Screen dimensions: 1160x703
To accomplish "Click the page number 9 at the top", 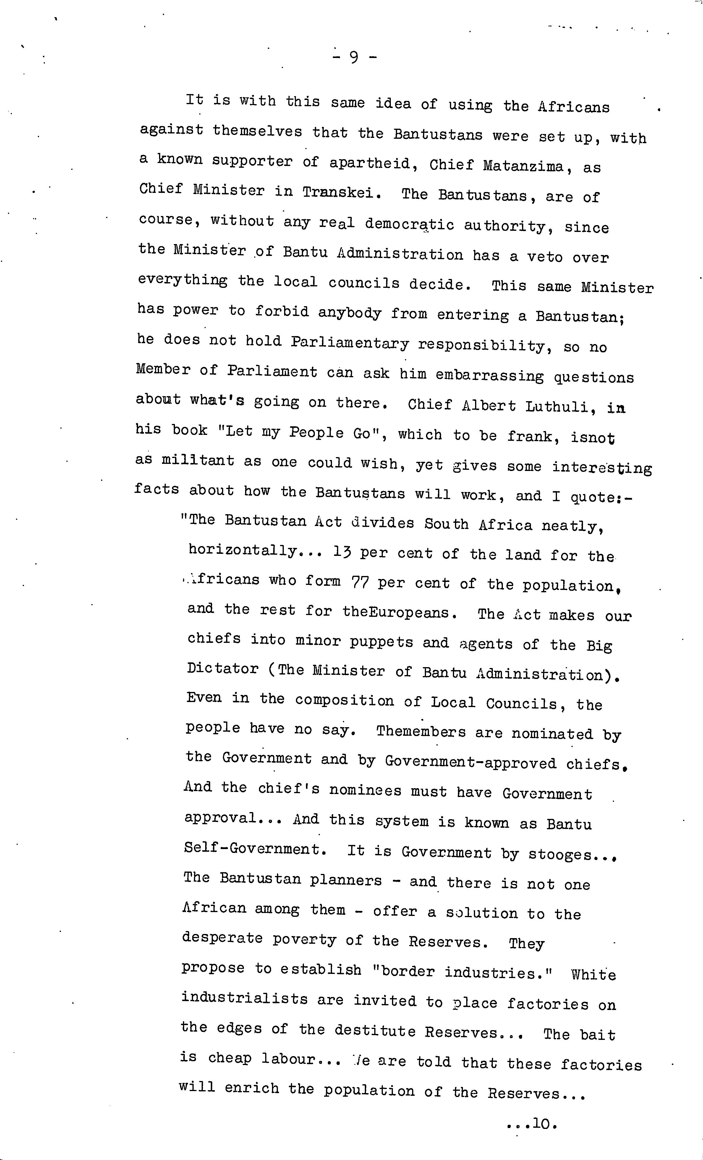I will click(354, 58).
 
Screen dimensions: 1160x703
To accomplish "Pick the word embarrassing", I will click(489, 376).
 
